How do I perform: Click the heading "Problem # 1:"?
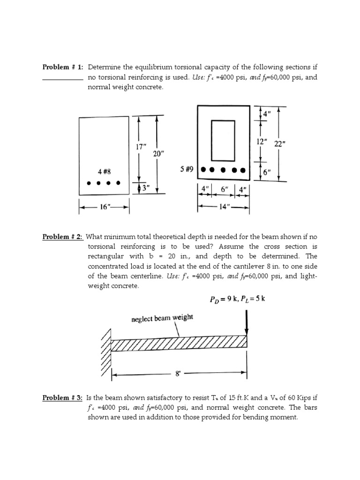tap(62, 67)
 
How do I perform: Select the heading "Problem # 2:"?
tap(62, 237)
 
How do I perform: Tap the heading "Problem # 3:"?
tap(62, 398)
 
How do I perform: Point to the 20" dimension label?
tap(157, 154)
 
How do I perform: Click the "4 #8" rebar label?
tap(104, 172)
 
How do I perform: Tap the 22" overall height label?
tap(280, 144)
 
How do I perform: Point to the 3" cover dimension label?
tap(146, 187)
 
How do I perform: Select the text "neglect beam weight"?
tap(162, 318)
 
